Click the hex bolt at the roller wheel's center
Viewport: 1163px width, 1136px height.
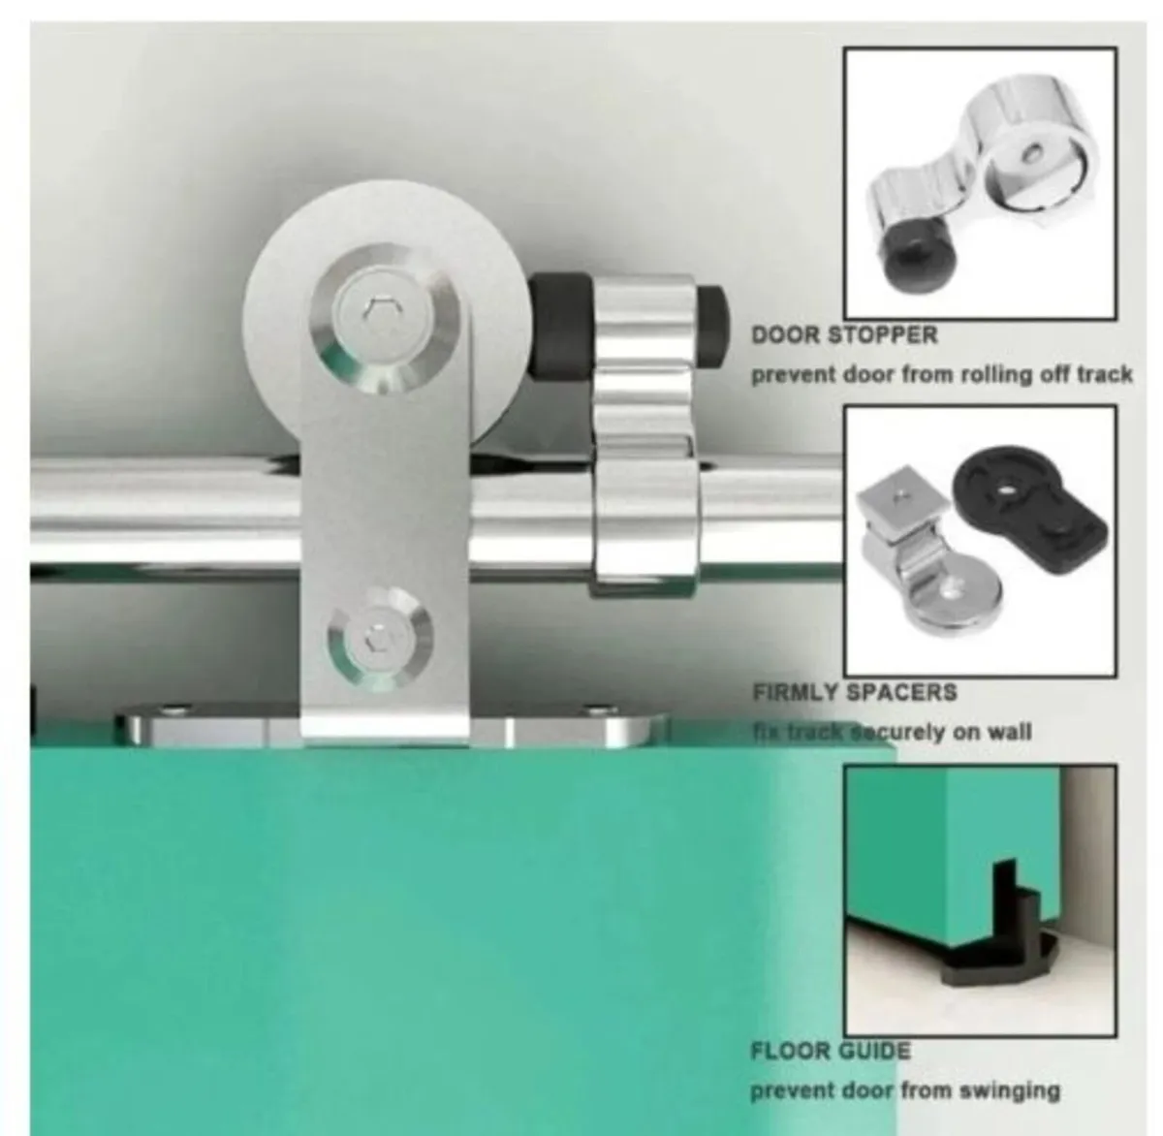point(381,312)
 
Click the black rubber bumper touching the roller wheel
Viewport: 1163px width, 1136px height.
point(560,325)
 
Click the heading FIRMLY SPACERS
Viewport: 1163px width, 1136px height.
point(855,693)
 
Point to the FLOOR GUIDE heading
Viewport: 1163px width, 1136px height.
point(831,1051)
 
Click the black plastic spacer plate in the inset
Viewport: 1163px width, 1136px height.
point(1029,508)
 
